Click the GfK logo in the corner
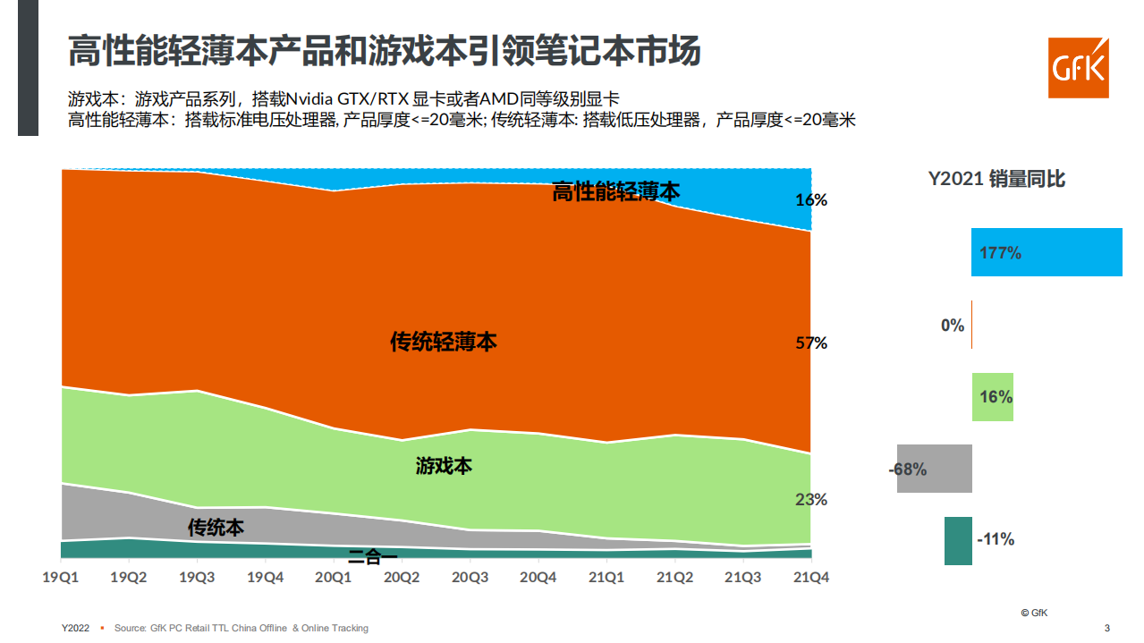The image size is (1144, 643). click(x=1078, y=68)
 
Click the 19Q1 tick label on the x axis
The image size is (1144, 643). click(x=61, y=578)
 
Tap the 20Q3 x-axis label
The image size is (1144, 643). click(x=470, y=578)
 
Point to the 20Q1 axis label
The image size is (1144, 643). click(x=334, y=578)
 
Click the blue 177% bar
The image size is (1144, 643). click(x=1047, y=252)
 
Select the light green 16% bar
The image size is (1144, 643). click(x=993, y=397)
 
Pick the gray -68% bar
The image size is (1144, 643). click(x=935, y=469)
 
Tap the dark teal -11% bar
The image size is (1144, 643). click(x=958, y=540)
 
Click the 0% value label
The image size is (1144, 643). click(x=952, y=326)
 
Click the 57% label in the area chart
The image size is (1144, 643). click(x=810, y=343)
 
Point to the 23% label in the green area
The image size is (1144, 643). click(x=810, y=500)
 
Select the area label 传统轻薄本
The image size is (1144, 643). click(x=444, y=342)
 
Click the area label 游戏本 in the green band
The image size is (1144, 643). click(x=444, y=466)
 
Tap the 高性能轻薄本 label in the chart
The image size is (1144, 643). click(x=616, y=191)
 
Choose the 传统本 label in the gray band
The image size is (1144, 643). click(x=216, y=528)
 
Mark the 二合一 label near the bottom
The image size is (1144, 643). click(x=373, y=557)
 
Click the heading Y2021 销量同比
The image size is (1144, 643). click(x=996, y=179)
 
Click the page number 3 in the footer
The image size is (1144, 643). click(x=1107, y=628)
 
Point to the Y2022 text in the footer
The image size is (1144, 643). click(x=75, y=628)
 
